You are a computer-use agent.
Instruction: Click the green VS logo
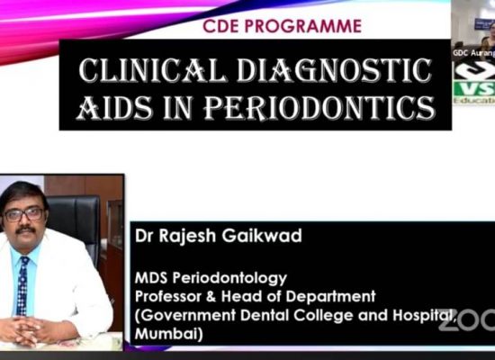point(473,90)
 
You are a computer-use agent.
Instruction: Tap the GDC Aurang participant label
point(472,53)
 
